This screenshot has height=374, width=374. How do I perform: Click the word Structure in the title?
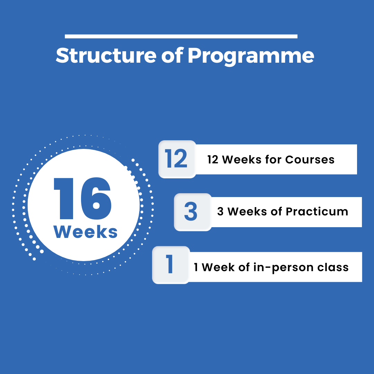click(x=106, y=55)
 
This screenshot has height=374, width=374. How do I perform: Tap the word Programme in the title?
click(x=251, y=57)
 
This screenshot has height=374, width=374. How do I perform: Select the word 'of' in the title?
click(x=172, y=55)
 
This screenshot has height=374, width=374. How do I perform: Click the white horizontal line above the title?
click(x=181, y=36)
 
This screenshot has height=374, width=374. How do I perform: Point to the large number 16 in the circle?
click(x=82, y=198)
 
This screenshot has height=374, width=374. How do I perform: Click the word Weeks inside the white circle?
click(x=86, y=232)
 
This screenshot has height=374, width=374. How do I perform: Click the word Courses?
click(x=310, y=160)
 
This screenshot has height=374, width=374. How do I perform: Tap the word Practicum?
click(x=317, y=212)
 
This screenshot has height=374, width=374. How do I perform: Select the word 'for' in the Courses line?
click(x=273, y=159)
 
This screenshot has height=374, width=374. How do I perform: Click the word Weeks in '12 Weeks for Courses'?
click(x=242, y=160)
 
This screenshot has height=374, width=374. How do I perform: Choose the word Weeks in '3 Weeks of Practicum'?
click(x=247, y=212)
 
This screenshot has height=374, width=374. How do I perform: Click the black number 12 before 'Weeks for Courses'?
click(x=213, y=160)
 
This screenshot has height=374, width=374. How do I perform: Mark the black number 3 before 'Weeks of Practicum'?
click(x=220, y=212)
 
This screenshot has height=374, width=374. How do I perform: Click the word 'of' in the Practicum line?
click(x=276, y=211)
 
